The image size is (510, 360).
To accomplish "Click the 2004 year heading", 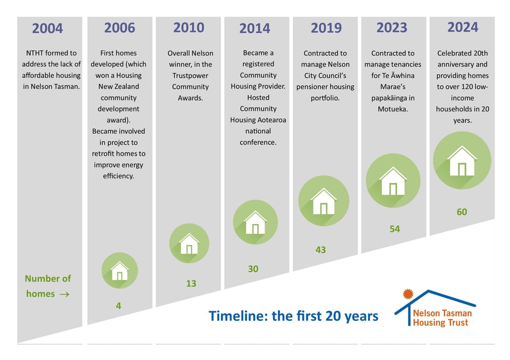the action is pos(48,28).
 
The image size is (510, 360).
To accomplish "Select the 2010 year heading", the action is pos(189,27).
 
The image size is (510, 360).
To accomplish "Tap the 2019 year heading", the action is pos(326,28).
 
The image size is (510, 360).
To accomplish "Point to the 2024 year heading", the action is pos(463,27).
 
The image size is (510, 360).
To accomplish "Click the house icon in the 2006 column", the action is pos(120,270).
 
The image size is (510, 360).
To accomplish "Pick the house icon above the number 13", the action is pos(189,243).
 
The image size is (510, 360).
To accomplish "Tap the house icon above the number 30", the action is pos(256,222).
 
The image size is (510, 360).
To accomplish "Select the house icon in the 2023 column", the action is pos(393,181).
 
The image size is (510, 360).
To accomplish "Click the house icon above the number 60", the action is pos(462,160).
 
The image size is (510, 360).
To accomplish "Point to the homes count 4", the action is pos(118,306).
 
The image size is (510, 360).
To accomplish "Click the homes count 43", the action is pos(321,250).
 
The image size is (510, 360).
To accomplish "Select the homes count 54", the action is pos(395,229).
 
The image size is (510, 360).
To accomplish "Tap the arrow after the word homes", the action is pos(64,294).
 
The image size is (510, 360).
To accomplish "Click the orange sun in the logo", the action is pos(408,294).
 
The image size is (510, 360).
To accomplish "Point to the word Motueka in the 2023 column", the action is pos(393,109).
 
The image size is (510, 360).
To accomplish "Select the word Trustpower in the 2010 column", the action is pos(190,76).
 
